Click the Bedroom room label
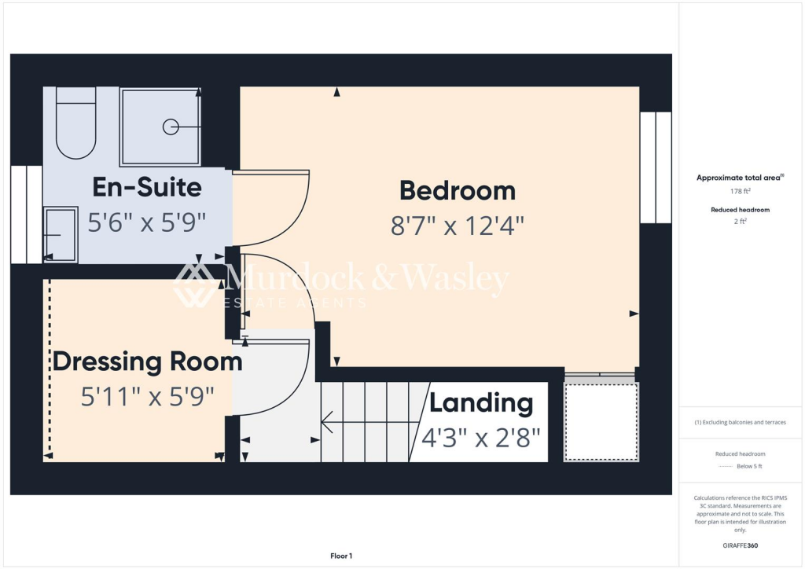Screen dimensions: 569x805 [x=457, y=190]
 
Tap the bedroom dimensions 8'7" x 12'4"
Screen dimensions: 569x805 [x=457, y=226]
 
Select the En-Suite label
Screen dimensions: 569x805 [x=147, y=187]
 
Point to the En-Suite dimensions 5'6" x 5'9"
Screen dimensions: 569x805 [x=147, y=222]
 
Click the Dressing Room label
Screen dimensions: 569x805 [x=147, y=362]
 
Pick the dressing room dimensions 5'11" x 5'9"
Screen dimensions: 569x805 [x=147, y=397]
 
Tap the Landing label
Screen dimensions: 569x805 [x=481, y=403]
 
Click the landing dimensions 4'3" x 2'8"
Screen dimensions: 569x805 [x=481, y=436]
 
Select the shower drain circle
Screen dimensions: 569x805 [x=170, y=127]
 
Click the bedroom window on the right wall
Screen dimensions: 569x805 [x=656, y=167]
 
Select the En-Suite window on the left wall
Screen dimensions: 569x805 [x=26, y=214]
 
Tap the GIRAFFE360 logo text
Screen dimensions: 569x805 [x=739, y=545]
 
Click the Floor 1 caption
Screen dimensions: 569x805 [x=341, y=556]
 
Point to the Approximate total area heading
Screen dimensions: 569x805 [x=739, y=178]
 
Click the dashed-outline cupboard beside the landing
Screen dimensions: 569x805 [x=601, y=421]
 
